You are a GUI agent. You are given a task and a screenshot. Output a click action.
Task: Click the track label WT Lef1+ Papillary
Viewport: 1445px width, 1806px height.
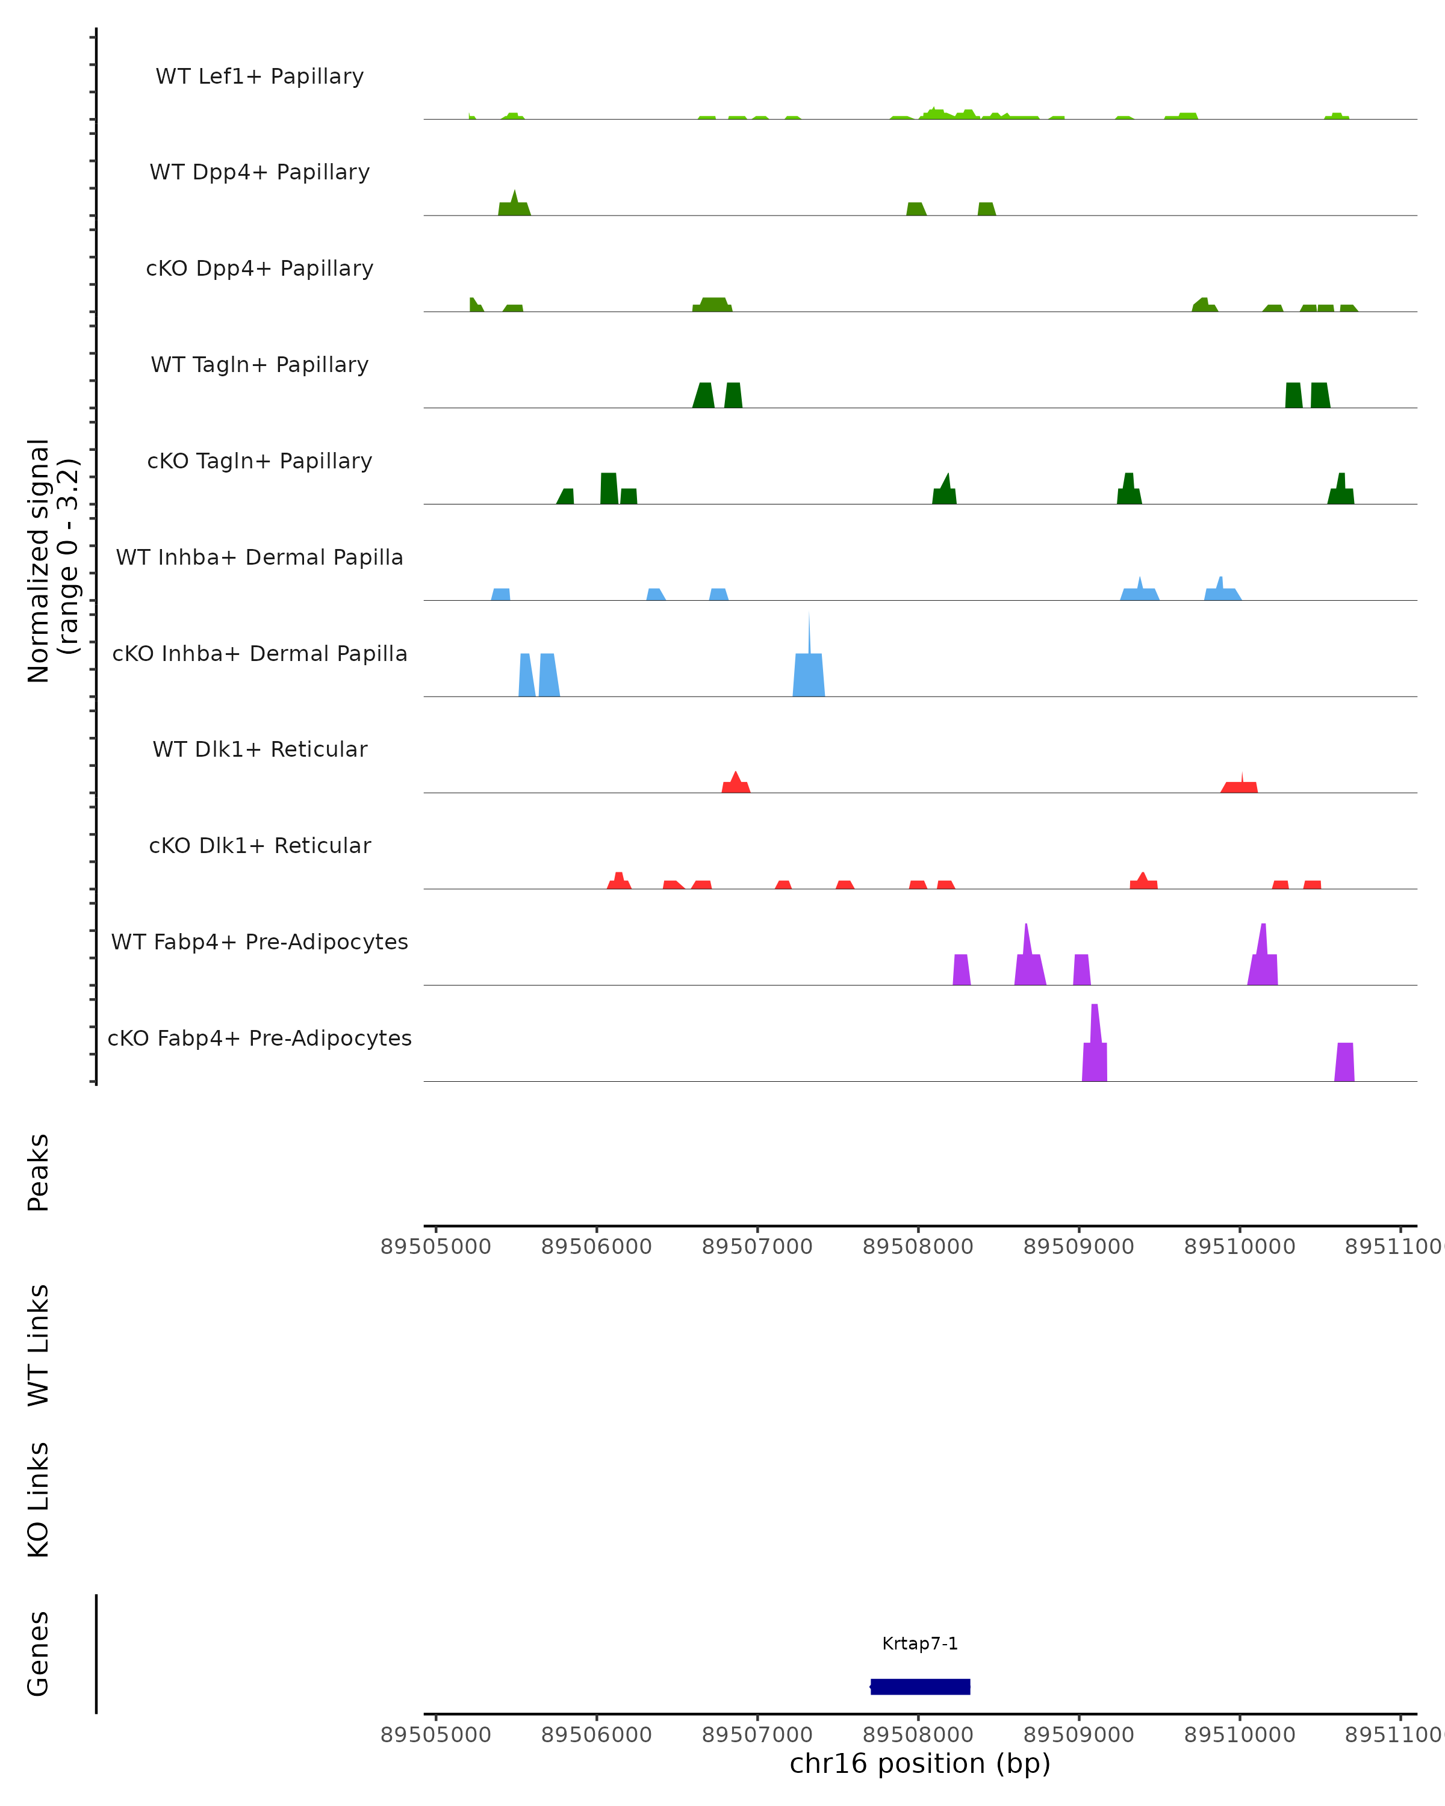point(259,76)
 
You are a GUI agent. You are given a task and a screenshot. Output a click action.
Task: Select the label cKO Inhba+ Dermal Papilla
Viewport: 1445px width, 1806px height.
point(259,653)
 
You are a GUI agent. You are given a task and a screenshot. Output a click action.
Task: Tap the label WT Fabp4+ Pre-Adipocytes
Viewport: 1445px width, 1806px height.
point(259,942)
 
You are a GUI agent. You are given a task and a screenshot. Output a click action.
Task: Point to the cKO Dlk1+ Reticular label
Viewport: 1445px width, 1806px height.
point(259,845)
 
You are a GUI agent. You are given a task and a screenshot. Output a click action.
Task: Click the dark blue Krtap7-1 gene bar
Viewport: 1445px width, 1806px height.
point(920,1686)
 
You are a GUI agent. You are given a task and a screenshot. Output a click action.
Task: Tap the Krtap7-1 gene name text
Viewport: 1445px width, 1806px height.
point(920,1643)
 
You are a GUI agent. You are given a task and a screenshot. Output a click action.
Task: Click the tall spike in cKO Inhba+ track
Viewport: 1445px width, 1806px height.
point(809,662)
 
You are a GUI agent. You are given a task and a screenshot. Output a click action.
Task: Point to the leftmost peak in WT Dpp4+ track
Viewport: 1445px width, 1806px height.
point(514,205)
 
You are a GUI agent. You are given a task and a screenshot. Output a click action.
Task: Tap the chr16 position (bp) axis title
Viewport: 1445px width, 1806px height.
point(920,1763)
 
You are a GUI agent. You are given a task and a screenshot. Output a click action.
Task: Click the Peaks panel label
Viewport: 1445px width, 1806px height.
point(39,1172)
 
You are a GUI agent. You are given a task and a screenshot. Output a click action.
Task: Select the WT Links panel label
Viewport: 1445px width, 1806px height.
point(39,1344)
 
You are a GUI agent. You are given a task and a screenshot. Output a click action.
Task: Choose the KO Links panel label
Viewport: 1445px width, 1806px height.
point(39,1500)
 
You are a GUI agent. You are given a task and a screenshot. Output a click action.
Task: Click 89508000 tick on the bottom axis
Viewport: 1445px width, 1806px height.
point(918,1734)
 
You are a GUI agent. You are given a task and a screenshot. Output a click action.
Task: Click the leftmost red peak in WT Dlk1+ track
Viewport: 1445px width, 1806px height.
point(736,784)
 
